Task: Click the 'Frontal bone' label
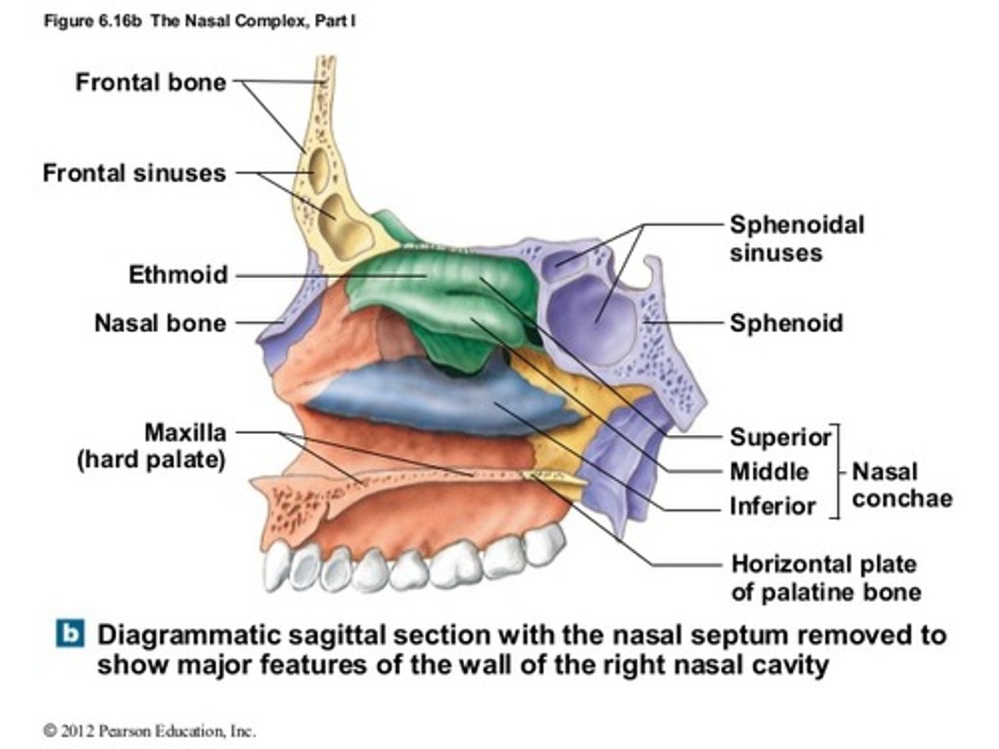tap(151, 83)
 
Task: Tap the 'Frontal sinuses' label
tap(134, 173)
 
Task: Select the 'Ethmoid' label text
tap(178, 275)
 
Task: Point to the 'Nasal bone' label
tap(160, 323)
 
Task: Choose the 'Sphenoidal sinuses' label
tap(796, 239)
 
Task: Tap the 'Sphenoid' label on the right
tap(786, 323)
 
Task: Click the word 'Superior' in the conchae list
tap(780, 438)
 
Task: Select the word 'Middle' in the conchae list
tap(769, 472)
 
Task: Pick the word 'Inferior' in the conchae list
tap(772, 506)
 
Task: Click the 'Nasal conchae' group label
tap(900, 485)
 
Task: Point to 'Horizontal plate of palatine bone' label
tap(826, 578)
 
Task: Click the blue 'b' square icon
tap(70, 635)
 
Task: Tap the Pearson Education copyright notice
tap(150, 730)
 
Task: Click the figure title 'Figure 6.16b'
tap(93, 21)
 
